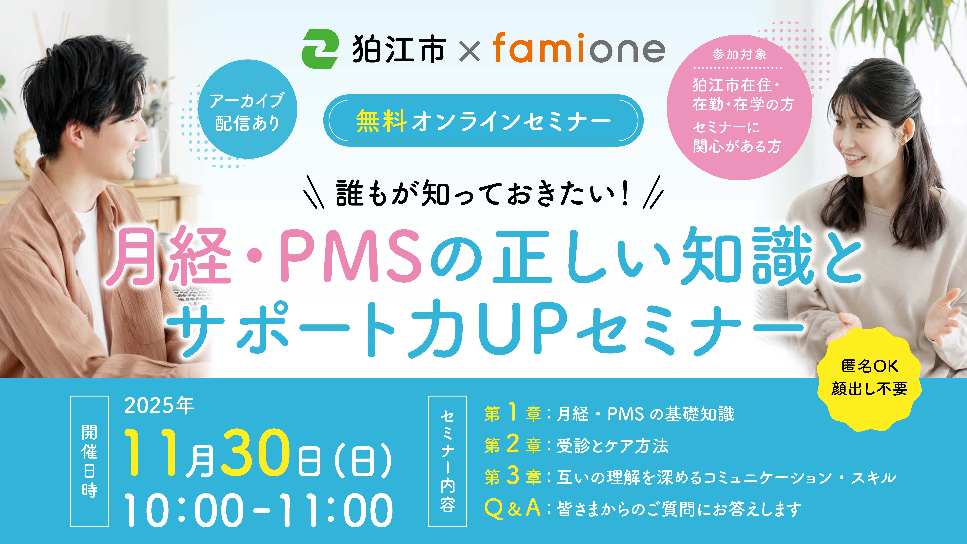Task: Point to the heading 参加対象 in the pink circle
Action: pyautogui.click(x=740, y=55)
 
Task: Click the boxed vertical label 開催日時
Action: pyautogui.click(x=89, y=461)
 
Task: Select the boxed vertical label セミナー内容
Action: pyautogui.click(x=447, y=461)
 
